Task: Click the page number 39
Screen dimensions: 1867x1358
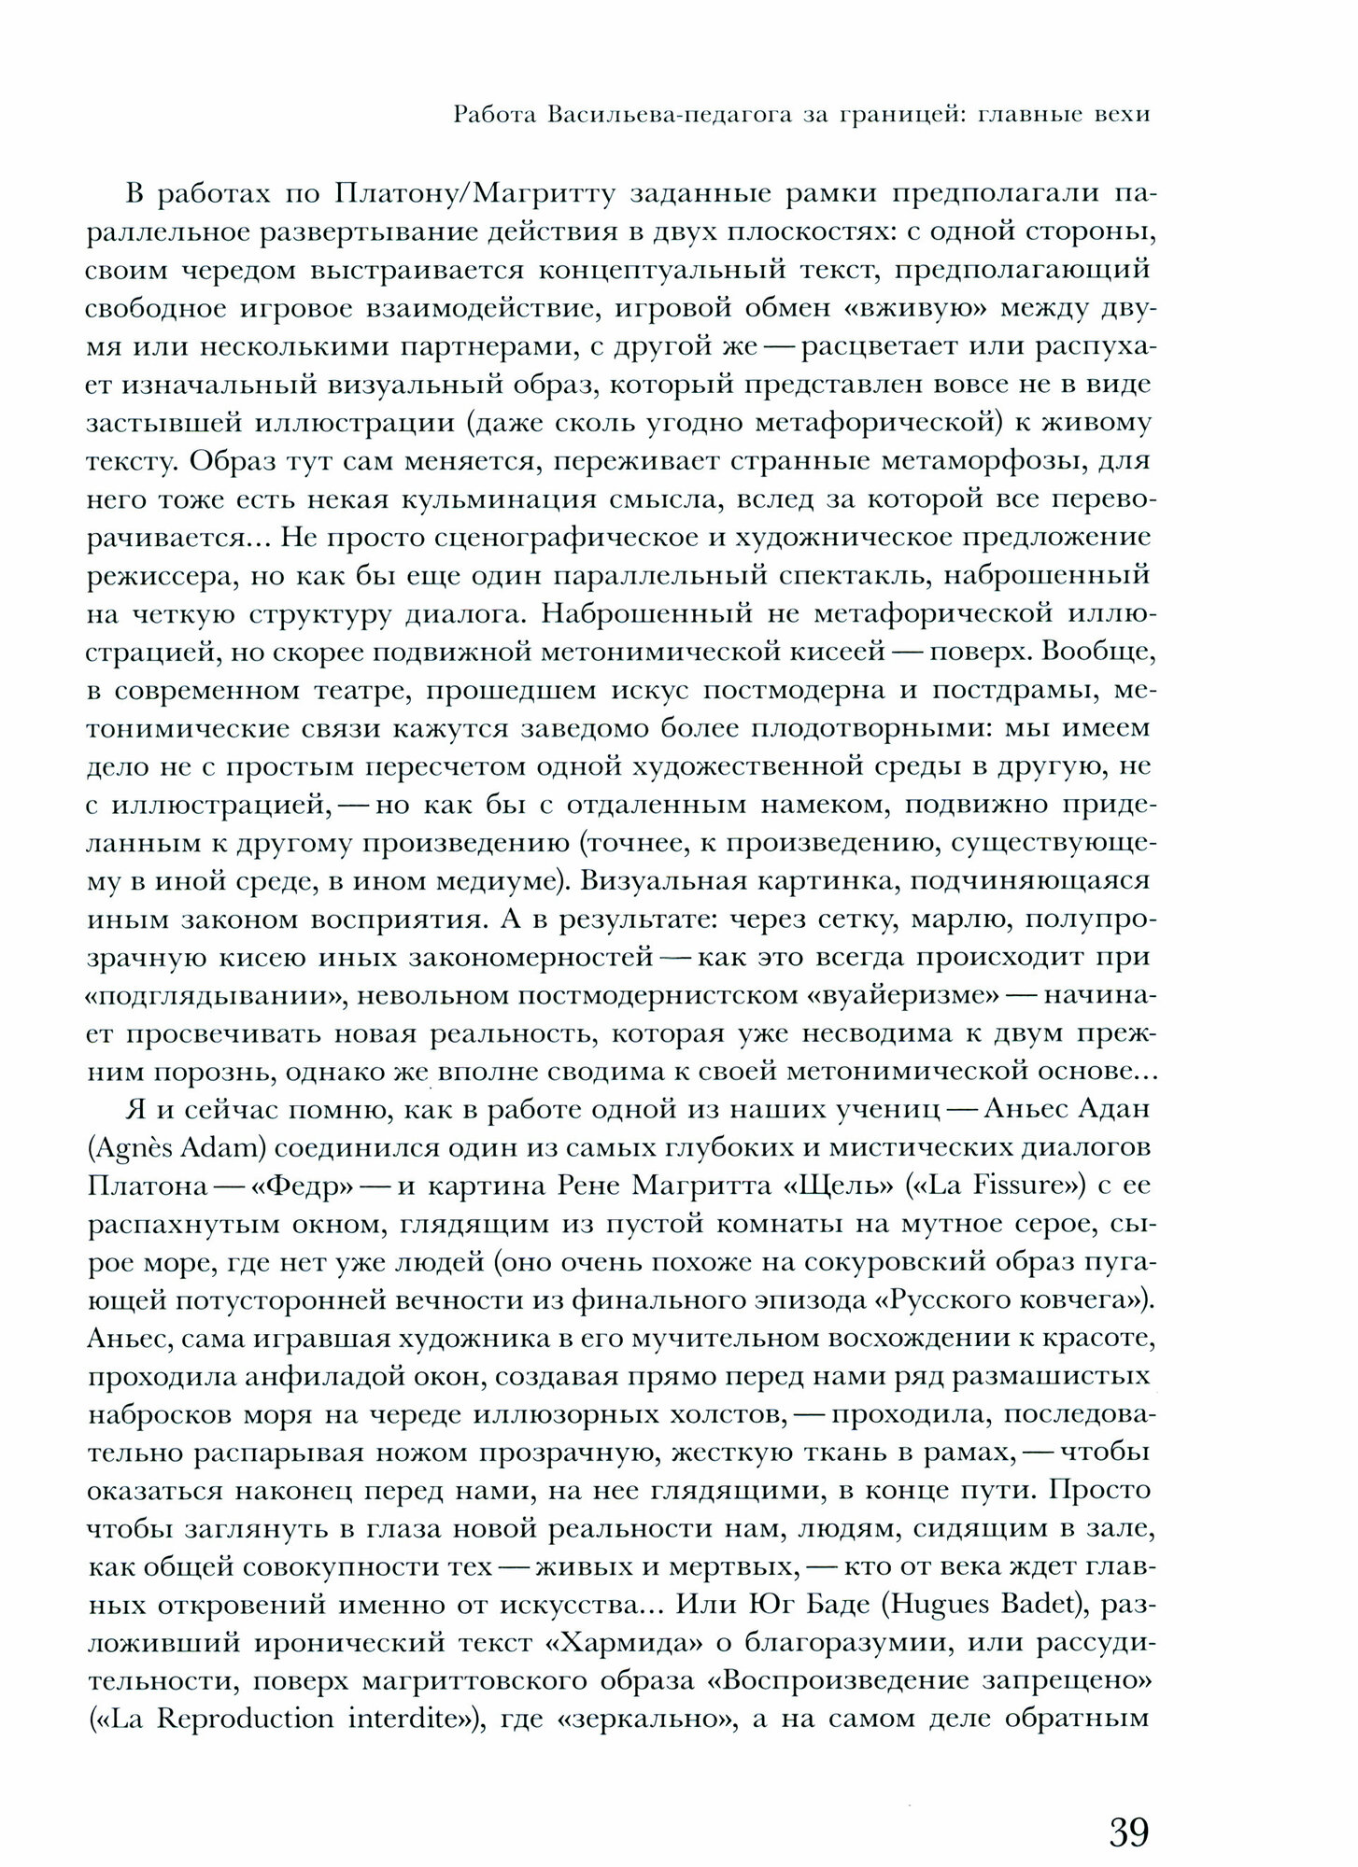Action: pyautogui.click(x=1128, y=1805)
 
